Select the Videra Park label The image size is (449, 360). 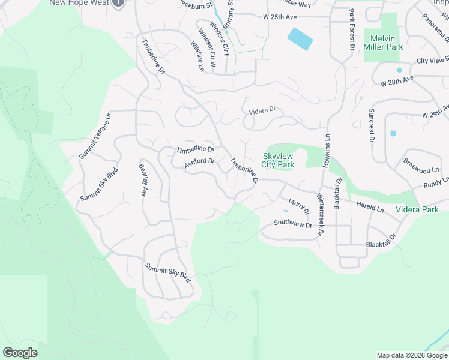(417, 209)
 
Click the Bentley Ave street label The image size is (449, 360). (143, 181)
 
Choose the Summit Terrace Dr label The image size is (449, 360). (96, 136)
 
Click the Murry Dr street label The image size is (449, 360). (298, 208)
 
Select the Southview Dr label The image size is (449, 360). (293, 224)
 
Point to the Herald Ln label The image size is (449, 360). (370, 207)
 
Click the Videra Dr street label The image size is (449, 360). (262, 110)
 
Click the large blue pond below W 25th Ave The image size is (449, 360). (300, 39)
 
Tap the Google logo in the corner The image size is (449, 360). (20, 353)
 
